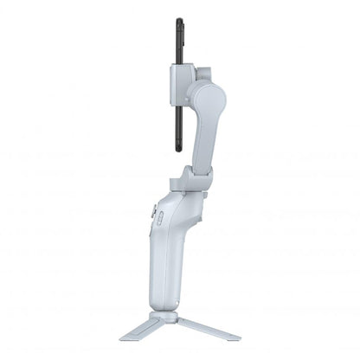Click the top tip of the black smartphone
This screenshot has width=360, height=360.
(179, 21)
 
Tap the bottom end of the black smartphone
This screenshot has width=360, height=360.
(179, 150)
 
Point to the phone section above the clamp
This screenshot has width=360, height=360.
(179, 43)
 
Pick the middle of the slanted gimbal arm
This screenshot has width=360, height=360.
(202, 130)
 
